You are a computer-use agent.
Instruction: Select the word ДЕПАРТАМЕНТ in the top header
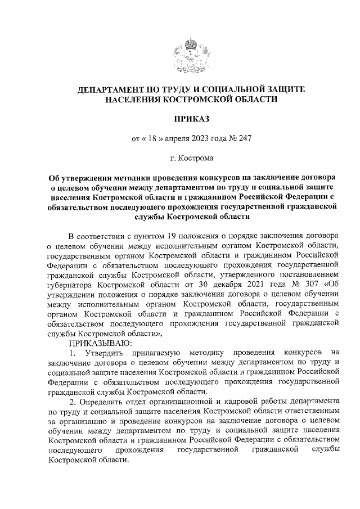[115, 89]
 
